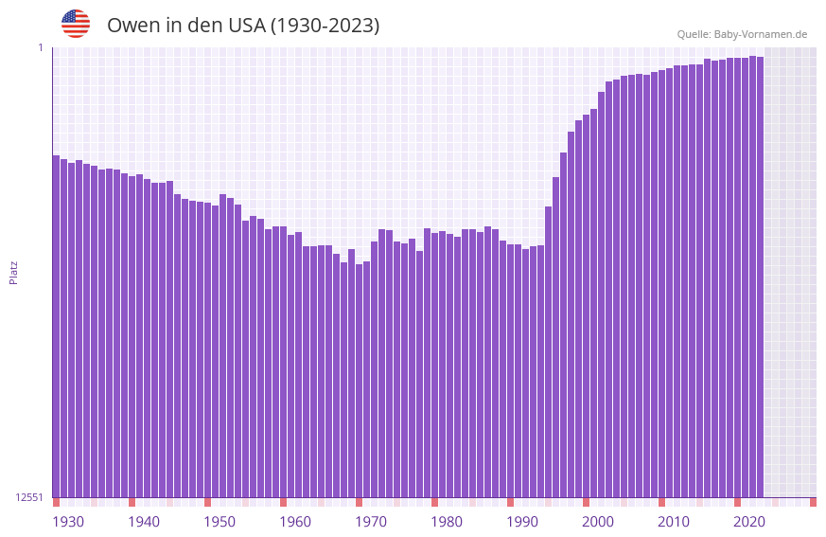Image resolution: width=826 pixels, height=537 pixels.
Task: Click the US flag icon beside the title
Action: [76, 24]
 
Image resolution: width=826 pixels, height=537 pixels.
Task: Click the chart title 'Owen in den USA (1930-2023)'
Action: [243, 26]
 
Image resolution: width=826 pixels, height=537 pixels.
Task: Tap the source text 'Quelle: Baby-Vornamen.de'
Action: [742, 34]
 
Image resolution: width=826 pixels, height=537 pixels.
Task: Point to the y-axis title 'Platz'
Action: [13, 272]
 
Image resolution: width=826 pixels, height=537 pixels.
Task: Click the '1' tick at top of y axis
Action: [40, 47]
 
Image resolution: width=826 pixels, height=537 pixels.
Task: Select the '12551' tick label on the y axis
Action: [29, 497]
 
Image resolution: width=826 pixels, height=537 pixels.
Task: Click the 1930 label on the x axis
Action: [68, 522]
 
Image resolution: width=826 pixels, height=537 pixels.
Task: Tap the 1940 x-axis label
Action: [144, 522]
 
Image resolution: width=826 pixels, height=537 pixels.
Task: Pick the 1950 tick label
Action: [220, 522]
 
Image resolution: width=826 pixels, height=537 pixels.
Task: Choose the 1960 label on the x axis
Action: [295, 522]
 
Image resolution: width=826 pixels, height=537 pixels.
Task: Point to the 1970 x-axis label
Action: [371, 522]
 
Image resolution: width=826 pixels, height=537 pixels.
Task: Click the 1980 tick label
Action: [447, 522]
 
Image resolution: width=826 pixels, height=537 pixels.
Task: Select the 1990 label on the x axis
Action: [522, 522]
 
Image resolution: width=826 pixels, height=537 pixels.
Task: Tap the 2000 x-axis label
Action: [598, 522]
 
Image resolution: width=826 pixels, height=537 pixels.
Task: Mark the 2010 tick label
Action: [674, 522]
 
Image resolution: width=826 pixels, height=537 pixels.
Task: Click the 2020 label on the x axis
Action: [749, 522]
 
